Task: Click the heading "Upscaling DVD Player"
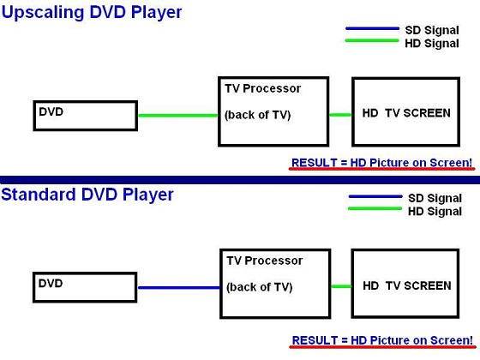pos(92,13)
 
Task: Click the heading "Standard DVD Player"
pos(87,195)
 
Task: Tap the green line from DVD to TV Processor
pos(178,116)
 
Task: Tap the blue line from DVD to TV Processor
pos(179,287)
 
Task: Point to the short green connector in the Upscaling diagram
pos(340,115)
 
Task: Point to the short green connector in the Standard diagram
pos(341,286)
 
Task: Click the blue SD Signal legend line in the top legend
pos(372,28)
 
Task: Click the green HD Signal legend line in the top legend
pos(372,40)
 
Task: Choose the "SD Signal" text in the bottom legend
pos(435,198)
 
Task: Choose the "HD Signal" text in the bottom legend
pos(435,211)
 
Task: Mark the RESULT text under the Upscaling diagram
pos(381,163)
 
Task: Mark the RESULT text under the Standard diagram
pos(382,340)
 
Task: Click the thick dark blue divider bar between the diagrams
pos(240,180)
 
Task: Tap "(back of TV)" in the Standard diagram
pos(260,287)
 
